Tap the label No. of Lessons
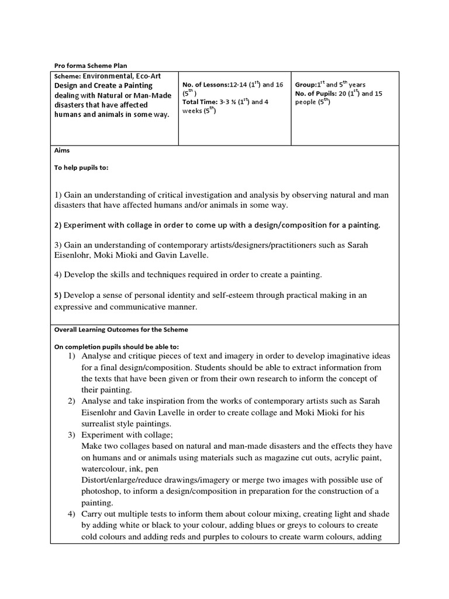coord(205,85)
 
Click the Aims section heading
coord(61,150)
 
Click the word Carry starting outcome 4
coord(93,514)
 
